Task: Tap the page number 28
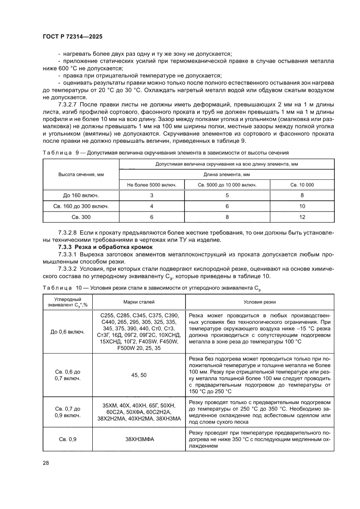[x=46, y=462]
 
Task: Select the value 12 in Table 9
[x=302, y=216]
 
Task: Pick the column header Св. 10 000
[x=302, y=185]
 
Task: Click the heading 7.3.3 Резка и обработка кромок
[x=109, y=247]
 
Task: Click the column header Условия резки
[x=259, y=302]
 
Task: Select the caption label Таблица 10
[x=57, y=288]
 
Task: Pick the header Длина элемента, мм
[x=227, y=174]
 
